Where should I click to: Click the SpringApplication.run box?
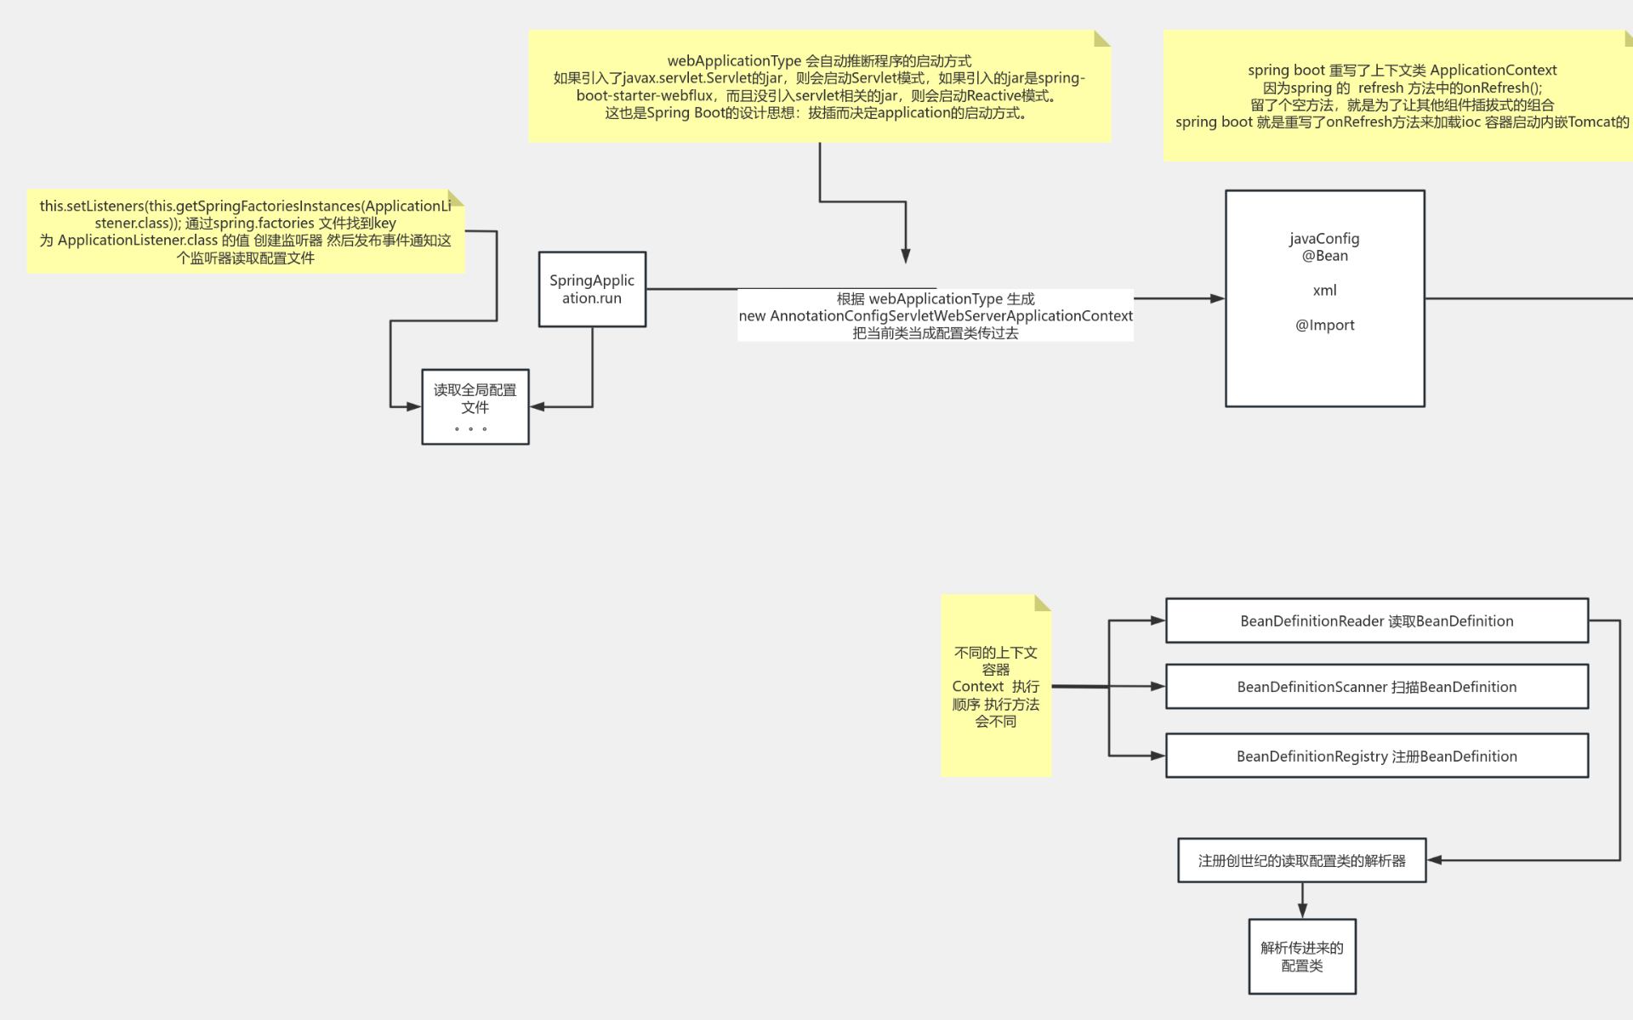(x=592, y=289)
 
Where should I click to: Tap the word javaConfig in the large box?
(x=1324, y=239)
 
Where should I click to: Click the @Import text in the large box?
(x=1324, y=325)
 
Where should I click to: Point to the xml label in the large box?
(x=1324, y=291)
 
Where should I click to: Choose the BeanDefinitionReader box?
(x=1376, y=621)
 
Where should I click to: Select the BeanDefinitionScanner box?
(x=1376, y=687)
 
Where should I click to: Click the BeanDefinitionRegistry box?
(x=1376, y=756)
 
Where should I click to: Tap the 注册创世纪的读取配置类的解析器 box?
(x=1301, y=861)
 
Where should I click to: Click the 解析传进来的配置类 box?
(x=1301, y=957)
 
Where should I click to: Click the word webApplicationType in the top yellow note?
(x=734, y=61)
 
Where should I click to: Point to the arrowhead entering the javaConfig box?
(x=1217, y=298)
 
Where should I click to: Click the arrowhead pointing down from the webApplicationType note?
(x=906, y=256)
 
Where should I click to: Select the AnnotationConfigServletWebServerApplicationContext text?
(x=951, y=316)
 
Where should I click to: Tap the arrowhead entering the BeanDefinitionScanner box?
(x=1158, y=686)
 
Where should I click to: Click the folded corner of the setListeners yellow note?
(x=457, y=198)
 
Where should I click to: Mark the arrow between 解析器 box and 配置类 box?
(x=1302, y=901)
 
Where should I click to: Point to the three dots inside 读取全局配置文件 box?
(x=470, y=429)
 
